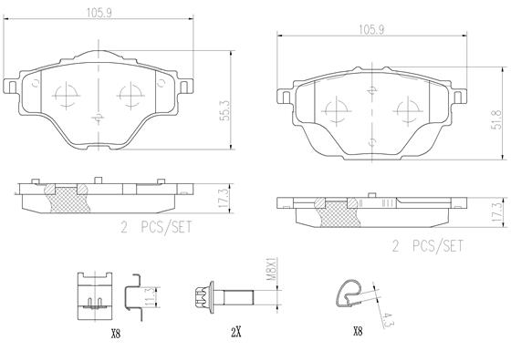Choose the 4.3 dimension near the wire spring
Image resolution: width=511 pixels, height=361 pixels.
(387, 320)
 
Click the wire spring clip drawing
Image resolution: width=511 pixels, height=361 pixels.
(348, 293)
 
